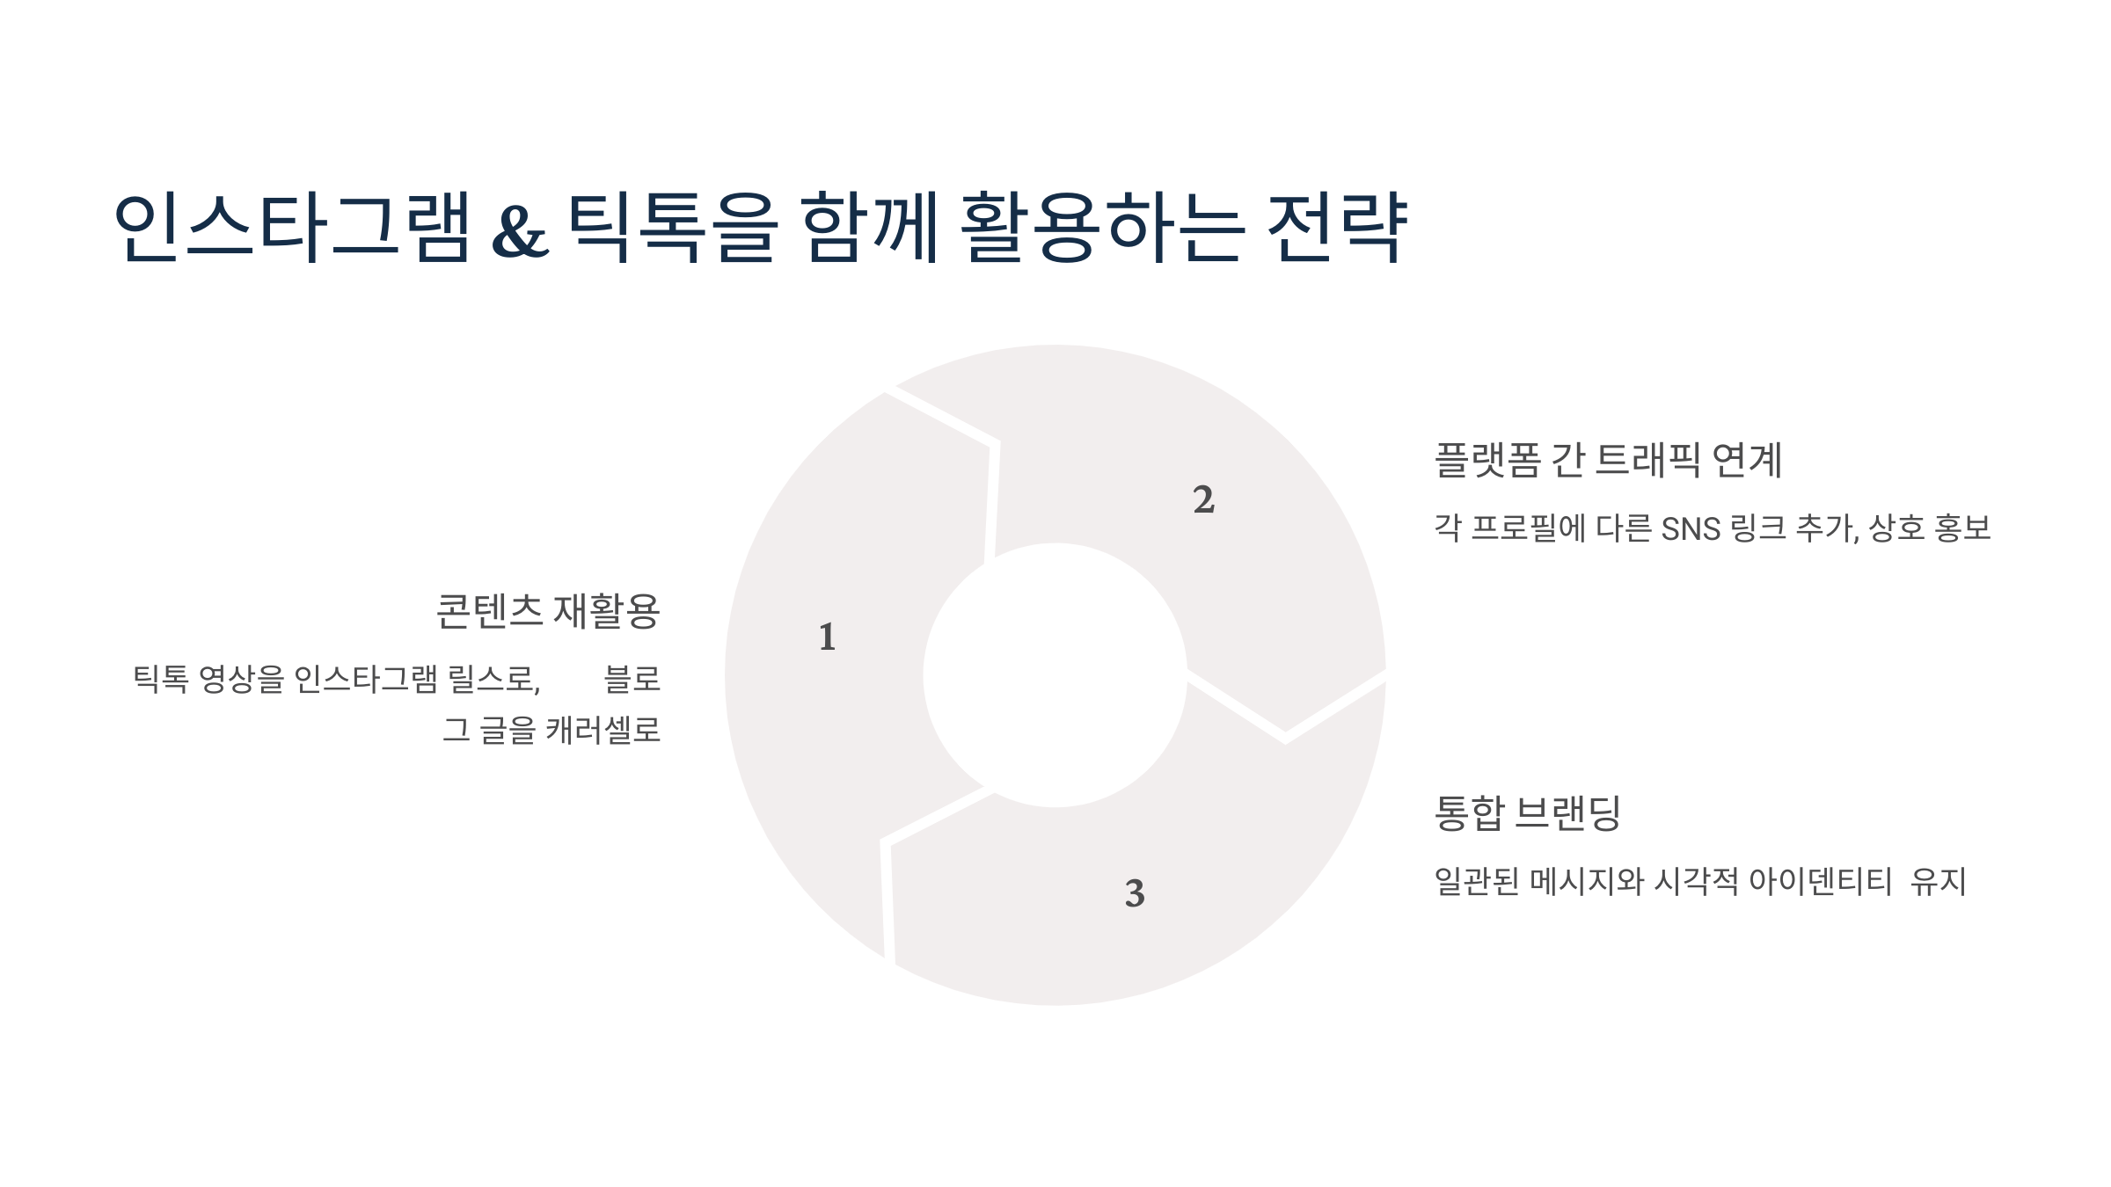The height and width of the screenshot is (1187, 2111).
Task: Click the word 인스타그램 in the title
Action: pos(292,227)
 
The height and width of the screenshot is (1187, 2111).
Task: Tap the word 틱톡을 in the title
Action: pos(672,227)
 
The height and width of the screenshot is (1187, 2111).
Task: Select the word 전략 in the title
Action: pos(1337,227)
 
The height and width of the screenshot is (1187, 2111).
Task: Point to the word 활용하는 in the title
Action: pos(1103,227)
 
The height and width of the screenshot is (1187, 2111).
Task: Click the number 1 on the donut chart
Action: pos(827,637)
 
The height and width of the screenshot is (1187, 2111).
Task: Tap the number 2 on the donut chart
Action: pos(1204,499)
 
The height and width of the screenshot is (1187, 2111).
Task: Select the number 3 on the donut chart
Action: pos(1135,893)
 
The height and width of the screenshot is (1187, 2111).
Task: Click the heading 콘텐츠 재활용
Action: pos(548,611)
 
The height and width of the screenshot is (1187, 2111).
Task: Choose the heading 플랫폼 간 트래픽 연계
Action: pos(1608,460)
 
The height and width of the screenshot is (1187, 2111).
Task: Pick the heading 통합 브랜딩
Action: pos(1527,812)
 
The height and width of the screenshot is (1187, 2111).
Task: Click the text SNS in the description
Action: pos(1691,529)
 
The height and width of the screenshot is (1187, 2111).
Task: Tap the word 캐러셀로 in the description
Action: pos(603,730)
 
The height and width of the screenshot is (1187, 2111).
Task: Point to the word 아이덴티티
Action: pos(1819,881)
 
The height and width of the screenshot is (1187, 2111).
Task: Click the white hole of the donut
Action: pos(1055,674)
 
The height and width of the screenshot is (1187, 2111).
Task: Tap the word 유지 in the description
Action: pos(1939,881)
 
